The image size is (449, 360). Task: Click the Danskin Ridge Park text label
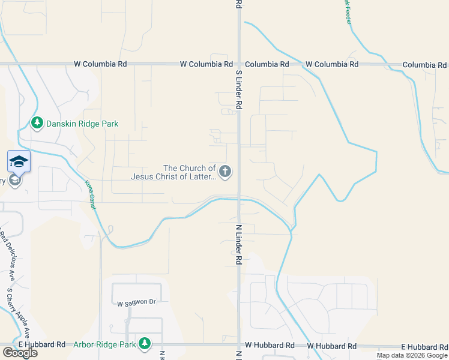point(82,124)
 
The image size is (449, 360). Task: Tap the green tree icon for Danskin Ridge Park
point(37,123)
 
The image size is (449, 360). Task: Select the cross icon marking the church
point(225,172)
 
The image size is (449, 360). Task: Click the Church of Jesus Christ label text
point(173,172)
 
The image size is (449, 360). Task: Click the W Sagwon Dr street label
point(136,303)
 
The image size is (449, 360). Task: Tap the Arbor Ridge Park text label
point(105,344)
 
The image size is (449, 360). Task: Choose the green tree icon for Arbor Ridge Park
point(144,344)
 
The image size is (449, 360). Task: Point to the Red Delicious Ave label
point(7,255)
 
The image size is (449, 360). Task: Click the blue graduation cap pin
point(19,161)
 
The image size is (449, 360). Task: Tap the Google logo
point(20,353)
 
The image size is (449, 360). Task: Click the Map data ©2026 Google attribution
point(412,355)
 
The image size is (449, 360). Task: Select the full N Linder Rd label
point(238,245)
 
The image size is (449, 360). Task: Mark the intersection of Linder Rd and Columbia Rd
point(239,64)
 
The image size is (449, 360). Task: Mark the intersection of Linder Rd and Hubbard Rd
point(239,346)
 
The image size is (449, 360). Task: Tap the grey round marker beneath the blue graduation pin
point(15,180)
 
